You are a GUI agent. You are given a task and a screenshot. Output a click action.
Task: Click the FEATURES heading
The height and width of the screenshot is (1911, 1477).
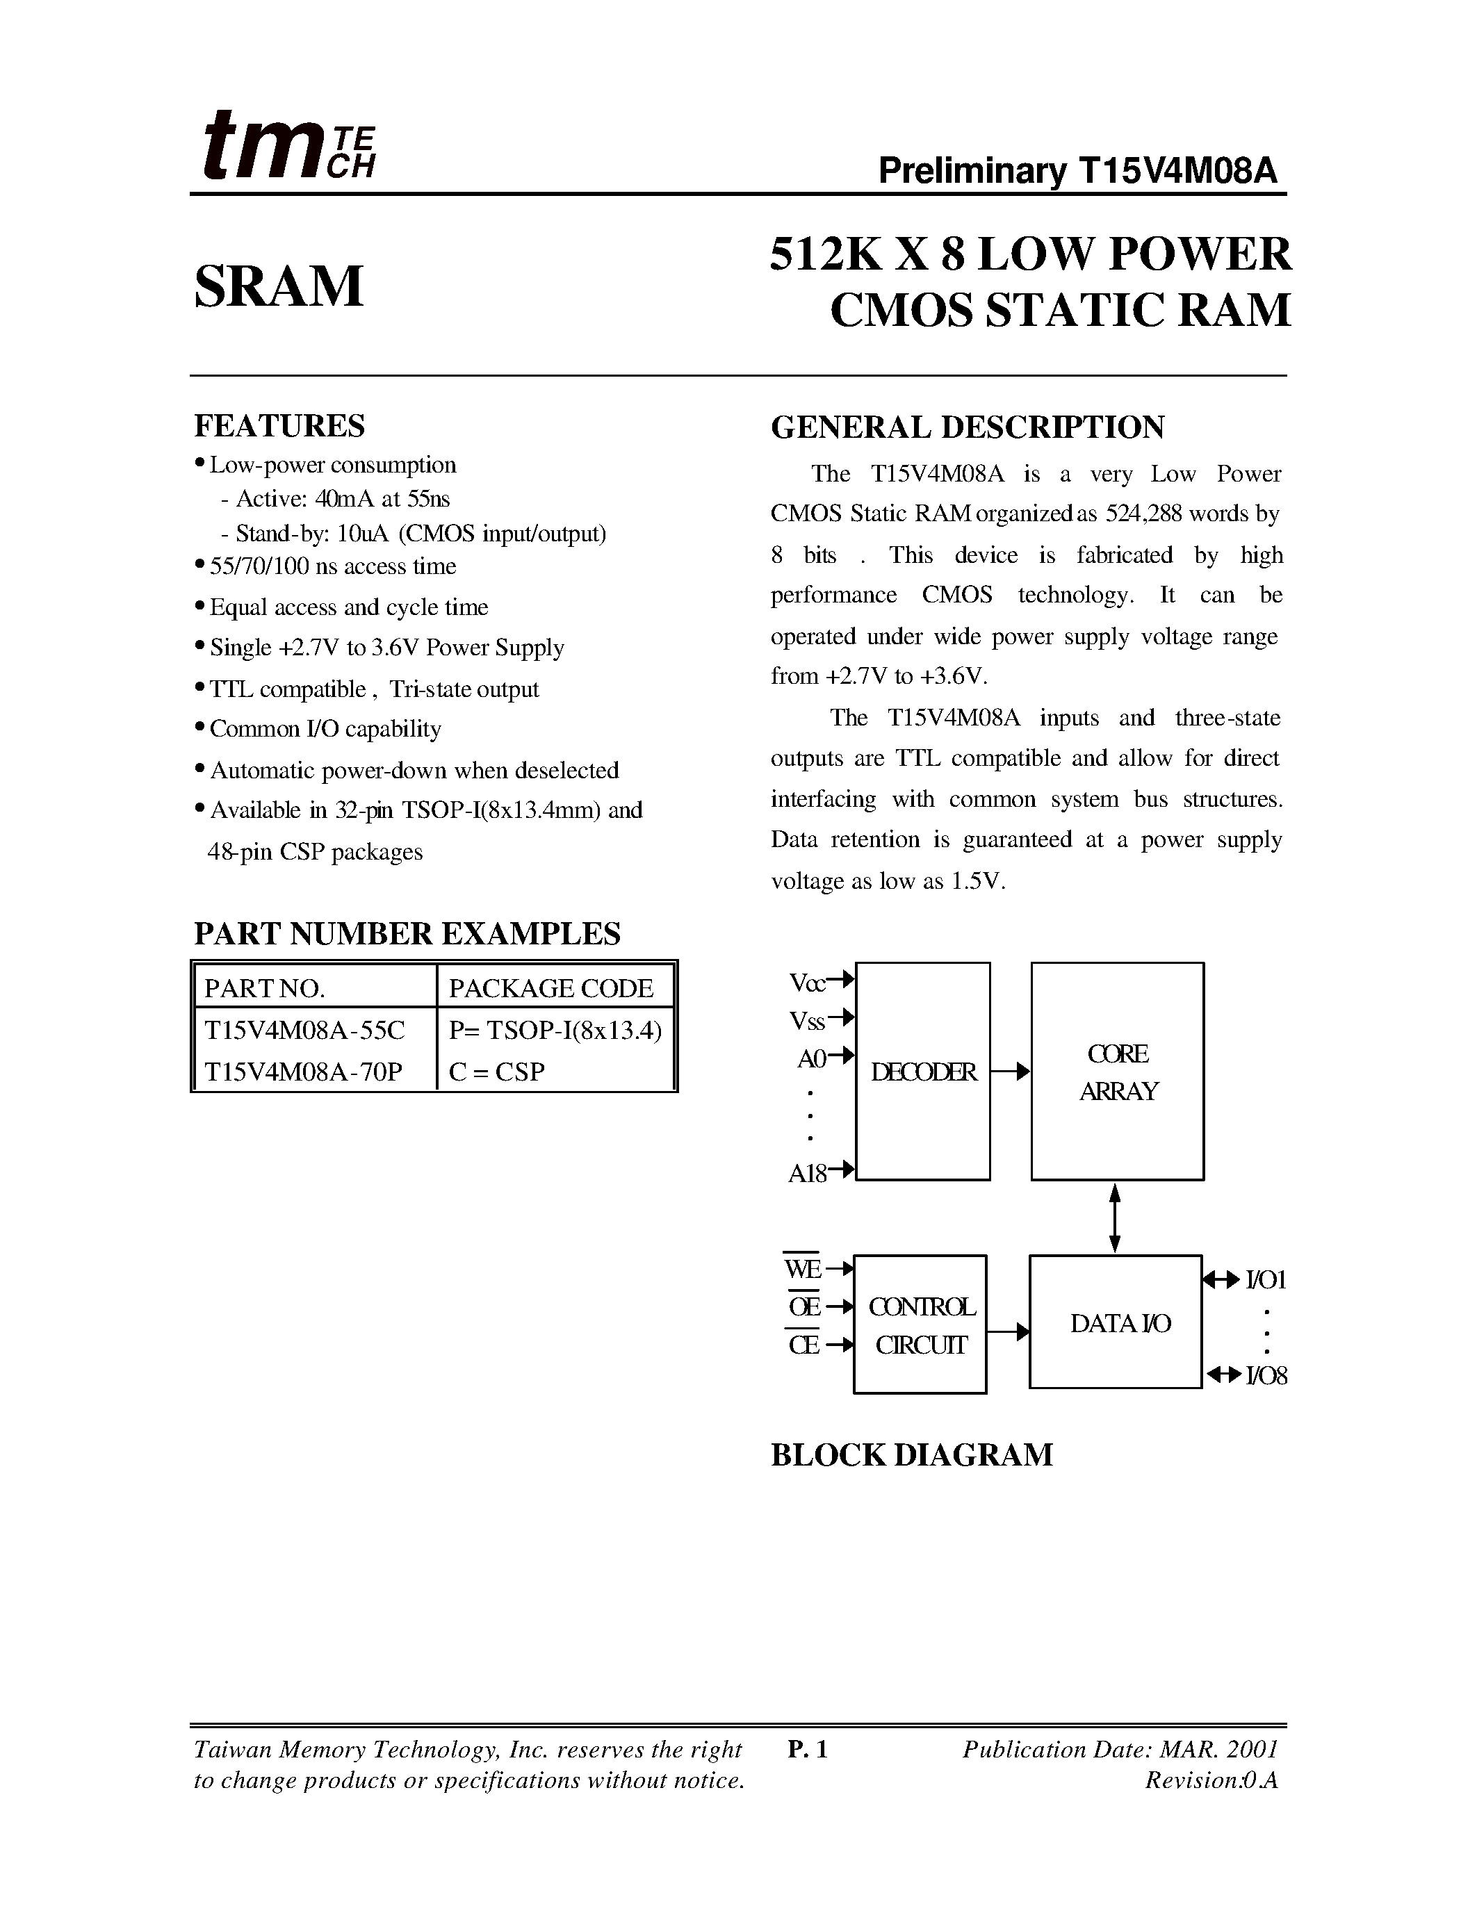coord(279,426)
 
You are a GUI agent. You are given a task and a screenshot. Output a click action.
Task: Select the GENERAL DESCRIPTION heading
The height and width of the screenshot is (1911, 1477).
coord(967,427)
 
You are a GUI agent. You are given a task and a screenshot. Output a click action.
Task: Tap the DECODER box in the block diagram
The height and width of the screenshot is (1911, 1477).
coord(922,1072)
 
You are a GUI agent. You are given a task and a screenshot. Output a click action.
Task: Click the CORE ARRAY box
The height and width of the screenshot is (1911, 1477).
coord(1118,1072)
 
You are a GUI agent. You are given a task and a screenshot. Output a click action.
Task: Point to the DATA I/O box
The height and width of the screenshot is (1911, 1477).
coord(1116,1322)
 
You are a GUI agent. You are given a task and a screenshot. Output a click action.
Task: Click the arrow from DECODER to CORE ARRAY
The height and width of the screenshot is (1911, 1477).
coord(1011,1072)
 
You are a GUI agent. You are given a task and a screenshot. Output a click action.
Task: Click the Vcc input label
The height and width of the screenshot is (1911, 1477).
coord(808,983)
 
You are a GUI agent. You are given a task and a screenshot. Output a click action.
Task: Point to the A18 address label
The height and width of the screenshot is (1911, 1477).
coord(808,1174)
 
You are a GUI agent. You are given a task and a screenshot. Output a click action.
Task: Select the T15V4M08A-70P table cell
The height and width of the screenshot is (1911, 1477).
coord(304,1071)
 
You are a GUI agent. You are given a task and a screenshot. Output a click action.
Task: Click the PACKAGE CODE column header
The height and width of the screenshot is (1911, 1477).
coord(550,988)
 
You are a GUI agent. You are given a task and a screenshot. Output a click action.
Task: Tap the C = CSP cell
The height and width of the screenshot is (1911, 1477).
coord(496,1071)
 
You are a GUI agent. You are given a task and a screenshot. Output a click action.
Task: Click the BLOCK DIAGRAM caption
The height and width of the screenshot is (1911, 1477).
coord(911,1455)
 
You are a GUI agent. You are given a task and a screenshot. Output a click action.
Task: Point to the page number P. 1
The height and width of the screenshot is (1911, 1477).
coord(807,1749)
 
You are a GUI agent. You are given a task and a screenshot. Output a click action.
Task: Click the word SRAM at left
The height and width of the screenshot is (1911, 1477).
coord(278,286)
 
